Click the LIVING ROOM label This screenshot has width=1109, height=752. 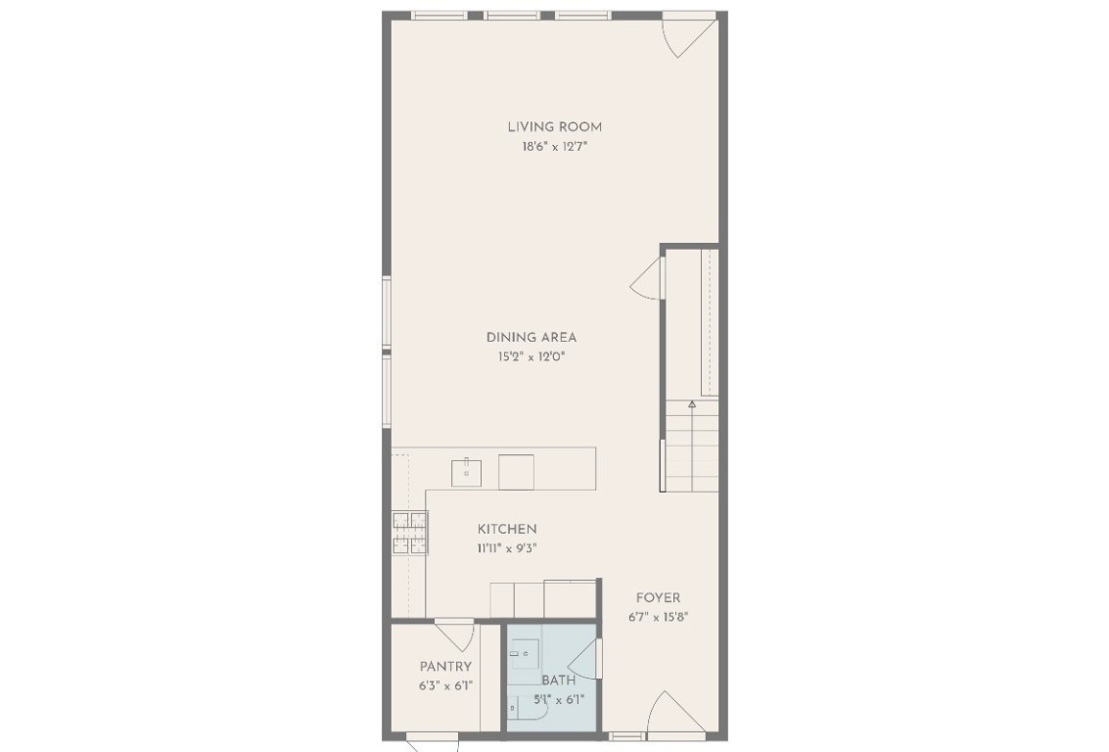pyautogui.click(x=554, y=126)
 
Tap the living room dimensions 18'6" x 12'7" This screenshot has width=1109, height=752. pyautogui.click(x=554, y=147)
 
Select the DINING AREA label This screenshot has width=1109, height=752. pyautogui.click(x=531, y=338)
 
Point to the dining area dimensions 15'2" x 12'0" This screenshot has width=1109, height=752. pyautogui.click(x=531, y=357)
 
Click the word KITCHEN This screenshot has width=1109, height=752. pyautogui.click(x=507, y=529)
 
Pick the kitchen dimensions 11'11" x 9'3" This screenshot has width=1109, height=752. pyautogui.click(x=507, y=549)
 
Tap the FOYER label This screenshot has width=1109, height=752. pyautogui.click(x=658, y=597)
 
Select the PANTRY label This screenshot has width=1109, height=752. pyautogui.click(x=445, y=667)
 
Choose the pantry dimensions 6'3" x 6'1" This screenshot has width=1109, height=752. pyautogui.click(x=445, y=686)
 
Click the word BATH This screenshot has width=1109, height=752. pyautogui.click(x=558, y=680)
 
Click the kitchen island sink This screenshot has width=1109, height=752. pyautogui.click(x=466, y=472)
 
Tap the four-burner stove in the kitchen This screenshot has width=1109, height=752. pyautogui.click(x=409, y=534)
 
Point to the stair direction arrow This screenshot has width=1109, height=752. pyautogui.click(x=692, y=403)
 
